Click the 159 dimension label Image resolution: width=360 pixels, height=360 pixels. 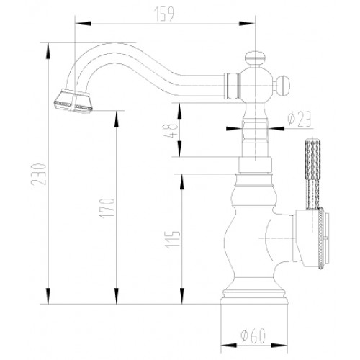[165, 14]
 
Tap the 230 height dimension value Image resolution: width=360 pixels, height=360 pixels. [38, 174]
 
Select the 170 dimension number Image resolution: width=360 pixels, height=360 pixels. [107, 208]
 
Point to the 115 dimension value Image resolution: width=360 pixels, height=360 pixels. [174, 239]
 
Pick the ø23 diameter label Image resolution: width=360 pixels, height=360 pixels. [300, 119]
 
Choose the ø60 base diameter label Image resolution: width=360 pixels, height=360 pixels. [253, 336]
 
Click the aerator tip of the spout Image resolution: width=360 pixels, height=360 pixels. [73, 101]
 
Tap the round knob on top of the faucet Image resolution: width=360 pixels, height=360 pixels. [255, 58]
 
